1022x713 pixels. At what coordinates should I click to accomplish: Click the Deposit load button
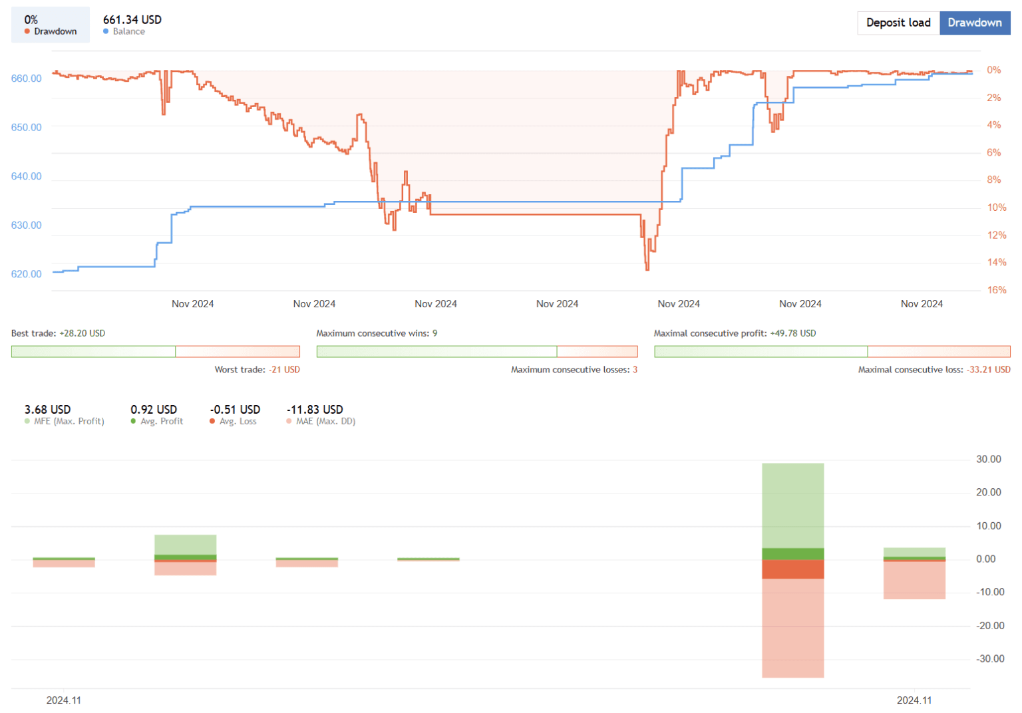[898, 23]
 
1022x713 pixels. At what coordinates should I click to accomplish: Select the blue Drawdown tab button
[974, 23]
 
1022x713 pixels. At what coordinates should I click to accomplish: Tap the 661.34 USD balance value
[132, 20]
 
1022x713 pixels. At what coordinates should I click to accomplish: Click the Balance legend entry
[128, 31]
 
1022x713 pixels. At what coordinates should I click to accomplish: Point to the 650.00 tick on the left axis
[26, 127]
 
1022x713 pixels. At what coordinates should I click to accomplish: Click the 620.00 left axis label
[26, 274]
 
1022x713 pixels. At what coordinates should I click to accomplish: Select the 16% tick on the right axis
[996, 290]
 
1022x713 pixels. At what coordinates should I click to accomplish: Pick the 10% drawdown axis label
[996, 208]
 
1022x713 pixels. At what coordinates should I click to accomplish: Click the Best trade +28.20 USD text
[58, 333]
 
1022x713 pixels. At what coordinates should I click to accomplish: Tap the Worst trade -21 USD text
[257, 370]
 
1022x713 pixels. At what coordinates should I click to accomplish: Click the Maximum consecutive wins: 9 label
[377, 333]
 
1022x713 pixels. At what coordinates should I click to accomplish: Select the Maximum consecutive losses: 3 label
[574, 370]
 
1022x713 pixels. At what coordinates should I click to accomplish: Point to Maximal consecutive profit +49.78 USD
[735, 333]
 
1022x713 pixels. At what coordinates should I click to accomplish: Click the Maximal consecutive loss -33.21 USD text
[934, 370]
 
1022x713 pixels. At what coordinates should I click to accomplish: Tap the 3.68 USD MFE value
[47, 410]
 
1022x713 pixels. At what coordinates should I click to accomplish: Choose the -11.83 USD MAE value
[315, 410]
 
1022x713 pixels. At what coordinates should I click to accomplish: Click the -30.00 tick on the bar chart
[989, 658]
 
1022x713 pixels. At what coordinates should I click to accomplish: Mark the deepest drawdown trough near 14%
[647, 268]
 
